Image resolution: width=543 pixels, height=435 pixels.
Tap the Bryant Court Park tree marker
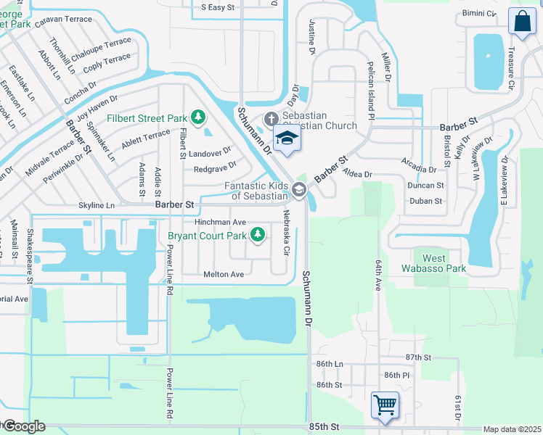[257, 233]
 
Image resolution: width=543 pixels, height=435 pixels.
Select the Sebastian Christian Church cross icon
[271, 118]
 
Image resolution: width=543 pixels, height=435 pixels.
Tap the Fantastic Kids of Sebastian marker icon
[300, 189]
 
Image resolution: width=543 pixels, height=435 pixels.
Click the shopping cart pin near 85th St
[384, 404]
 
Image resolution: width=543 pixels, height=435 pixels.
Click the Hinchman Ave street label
[220, 222]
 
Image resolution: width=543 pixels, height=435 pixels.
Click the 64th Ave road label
[378, 275]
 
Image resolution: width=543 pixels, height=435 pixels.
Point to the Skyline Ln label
[97, 206]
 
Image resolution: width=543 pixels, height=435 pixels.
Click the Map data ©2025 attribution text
[512, 429]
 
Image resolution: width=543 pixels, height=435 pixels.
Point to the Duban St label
[426, 201]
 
